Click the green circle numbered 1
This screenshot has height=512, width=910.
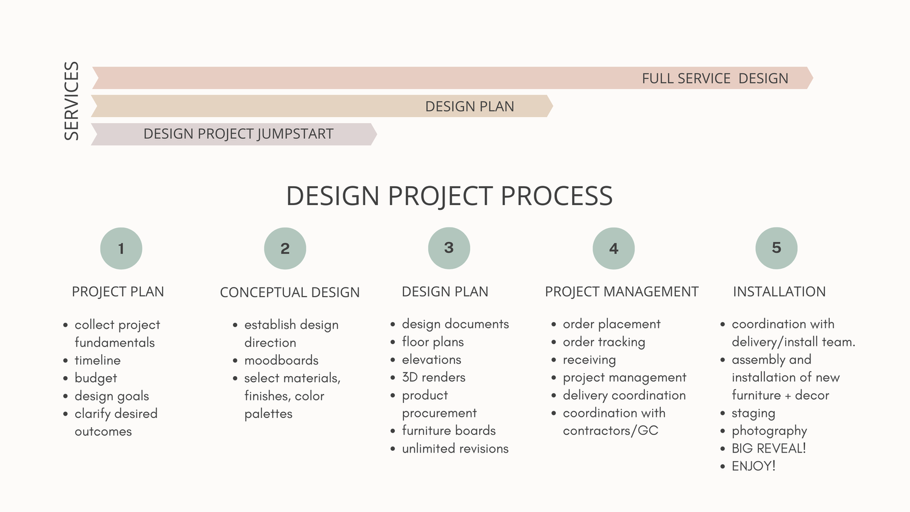point(121,248)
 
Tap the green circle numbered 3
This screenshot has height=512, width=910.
point(449,248)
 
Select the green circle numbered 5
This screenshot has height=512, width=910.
point(777,248)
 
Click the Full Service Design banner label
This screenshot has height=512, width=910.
point(715,78)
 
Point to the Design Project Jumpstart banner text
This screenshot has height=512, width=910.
point(238,134)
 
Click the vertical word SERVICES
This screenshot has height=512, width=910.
point(72,101)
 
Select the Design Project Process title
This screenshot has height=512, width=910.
point(449,196)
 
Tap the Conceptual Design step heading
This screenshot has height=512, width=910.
point(289,292)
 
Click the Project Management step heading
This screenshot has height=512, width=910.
point(621,292)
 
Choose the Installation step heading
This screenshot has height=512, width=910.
point(779,292)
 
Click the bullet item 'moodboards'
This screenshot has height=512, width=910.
point(281,360)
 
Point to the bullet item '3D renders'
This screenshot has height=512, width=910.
point(433,377)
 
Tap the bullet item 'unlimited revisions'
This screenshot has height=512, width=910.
point(455,449)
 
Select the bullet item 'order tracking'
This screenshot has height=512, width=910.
point(604,342)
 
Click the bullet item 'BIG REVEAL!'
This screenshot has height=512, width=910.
point(769,448)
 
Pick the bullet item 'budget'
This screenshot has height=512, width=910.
point(96,378)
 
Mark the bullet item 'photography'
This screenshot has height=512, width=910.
point(769,431)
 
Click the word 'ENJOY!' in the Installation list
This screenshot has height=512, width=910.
point(753,466)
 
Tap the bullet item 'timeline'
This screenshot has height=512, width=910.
point(97,360)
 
